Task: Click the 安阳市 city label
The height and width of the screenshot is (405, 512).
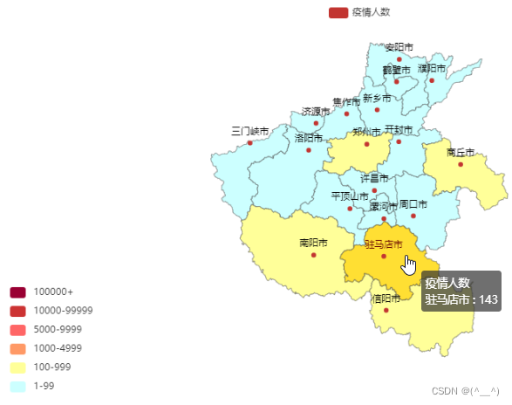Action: [x=399, y=47]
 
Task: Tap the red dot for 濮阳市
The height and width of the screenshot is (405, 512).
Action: [x=432, y=80]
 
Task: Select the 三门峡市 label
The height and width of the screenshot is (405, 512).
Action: [x=250, y=132]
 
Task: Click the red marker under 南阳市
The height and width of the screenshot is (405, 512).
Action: [x=313, y=255]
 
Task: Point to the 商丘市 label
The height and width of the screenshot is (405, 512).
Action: [x=461, y=152]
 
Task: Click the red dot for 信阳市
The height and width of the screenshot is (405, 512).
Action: [x=386, y=310]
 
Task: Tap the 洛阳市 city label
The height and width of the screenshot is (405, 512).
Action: [x=309, y=138]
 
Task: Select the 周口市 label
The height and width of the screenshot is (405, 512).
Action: [x=413, y=204]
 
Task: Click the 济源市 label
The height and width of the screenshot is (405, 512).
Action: [x=316, y=112]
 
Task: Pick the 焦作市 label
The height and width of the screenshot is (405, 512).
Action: [x=346, y=102]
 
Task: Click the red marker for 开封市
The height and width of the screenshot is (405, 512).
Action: [x=399, y=141]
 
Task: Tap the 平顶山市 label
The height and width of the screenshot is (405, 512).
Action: [x=350, y=196]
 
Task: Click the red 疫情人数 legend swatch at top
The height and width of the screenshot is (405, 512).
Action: [x=338, y=12]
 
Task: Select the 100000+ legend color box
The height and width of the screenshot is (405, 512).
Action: [x=18, y=292]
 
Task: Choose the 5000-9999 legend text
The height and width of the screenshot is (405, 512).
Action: [x=58, y=329]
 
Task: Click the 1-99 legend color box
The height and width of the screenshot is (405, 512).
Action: [x=18, y=386]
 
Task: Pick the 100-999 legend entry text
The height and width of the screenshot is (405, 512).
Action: [x=52, y=367]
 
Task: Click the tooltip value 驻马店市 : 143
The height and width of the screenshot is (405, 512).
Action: [x=461, y=299]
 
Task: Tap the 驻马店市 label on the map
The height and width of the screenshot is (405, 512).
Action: [x=384, y=244]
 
